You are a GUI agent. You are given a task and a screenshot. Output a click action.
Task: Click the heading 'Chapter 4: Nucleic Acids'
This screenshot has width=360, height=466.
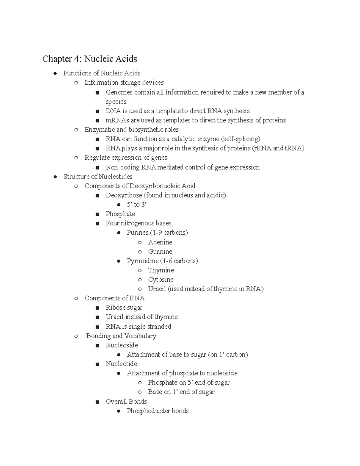coord(89,59)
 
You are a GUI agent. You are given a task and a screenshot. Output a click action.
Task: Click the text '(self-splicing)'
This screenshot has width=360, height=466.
coord(241,139)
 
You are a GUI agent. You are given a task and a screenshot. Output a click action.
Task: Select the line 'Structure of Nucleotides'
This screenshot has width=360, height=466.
coord(98,176)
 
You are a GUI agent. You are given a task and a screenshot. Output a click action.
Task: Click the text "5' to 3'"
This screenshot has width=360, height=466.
coord(136,205)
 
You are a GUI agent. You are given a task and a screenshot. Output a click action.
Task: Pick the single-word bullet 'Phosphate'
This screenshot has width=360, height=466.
coord(120,214)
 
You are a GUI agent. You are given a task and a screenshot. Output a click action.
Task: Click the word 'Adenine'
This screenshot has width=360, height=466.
coord(160,242)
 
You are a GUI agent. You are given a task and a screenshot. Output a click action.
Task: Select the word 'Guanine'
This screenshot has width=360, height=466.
coord(160,251)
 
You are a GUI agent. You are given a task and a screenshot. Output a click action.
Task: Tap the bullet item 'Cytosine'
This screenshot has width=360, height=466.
coord(160,280)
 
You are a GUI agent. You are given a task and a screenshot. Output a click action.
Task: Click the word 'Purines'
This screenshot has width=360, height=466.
coord(137,233)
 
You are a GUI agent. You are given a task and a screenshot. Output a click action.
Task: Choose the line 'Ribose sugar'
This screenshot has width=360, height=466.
coord(124,308)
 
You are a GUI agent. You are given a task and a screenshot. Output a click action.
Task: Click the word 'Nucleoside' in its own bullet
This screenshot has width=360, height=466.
coord(121,345)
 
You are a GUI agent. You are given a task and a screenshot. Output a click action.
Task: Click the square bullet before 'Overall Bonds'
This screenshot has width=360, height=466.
coord(97,402)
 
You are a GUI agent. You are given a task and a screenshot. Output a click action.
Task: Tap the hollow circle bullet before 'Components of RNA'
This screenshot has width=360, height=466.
coord(76,299)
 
